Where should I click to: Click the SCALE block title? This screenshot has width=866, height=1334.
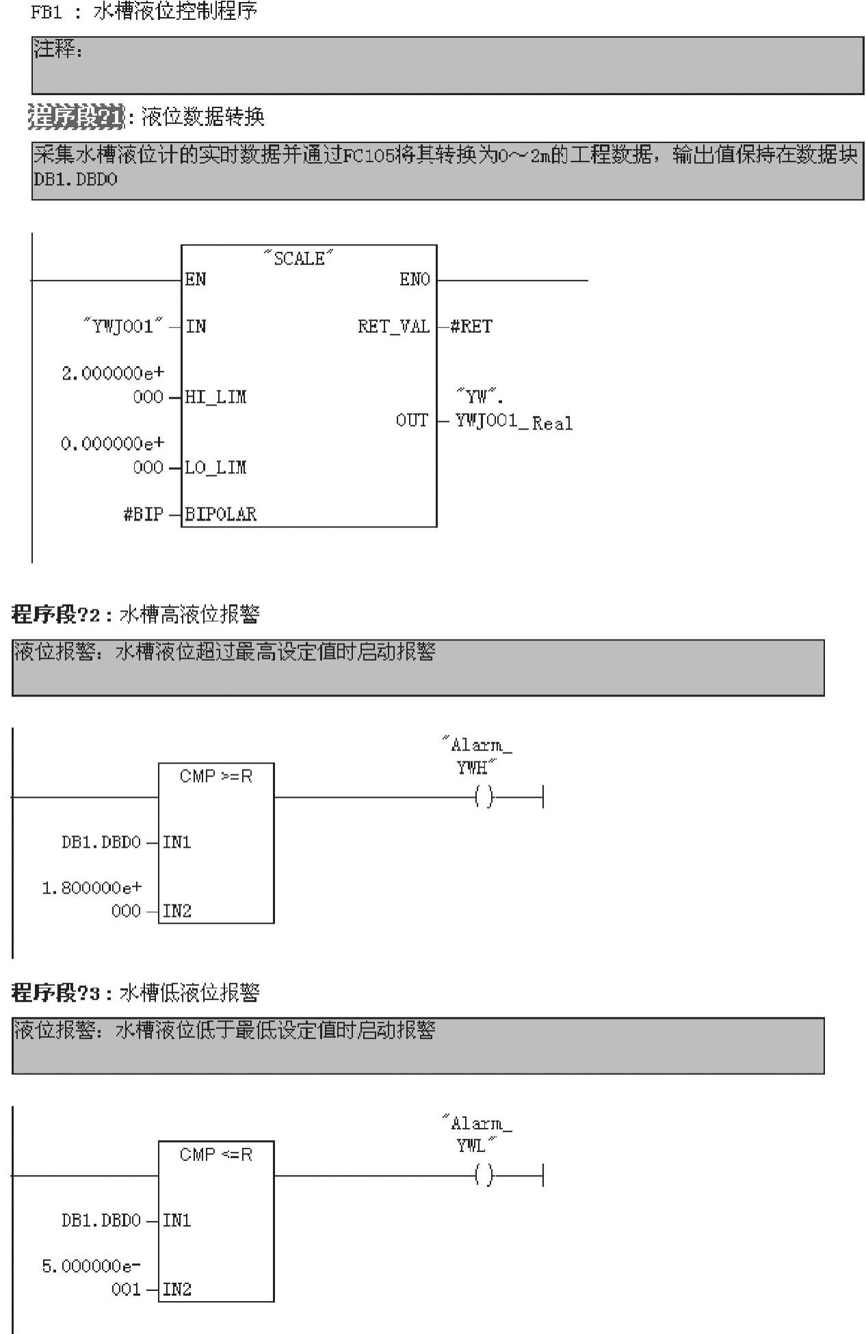point(299,259)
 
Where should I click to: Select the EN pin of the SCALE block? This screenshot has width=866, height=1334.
point(196,280)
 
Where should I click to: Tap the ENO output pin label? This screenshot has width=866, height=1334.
point(415,280)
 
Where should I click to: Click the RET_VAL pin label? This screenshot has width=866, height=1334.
point(393,326)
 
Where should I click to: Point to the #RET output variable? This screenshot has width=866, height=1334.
point(471,326)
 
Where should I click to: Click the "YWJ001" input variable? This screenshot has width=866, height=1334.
point(124,326)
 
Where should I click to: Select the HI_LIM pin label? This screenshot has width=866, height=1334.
point(216,397)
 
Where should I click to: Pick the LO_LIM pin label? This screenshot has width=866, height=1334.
point(216,467)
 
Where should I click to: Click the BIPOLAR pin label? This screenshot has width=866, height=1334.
point(221,514)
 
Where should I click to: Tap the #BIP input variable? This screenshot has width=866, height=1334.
point(143,514)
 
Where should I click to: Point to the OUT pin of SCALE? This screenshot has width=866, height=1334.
point(412,420)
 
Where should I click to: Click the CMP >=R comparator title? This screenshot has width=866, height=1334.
point(216,776)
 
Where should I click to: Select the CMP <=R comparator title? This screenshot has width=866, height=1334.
point(216,1155)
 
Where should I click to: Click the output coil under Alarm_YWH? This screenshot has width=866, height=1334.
point(484,797)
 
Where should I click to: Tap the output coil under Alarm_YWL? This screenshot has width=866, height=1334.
point(484,1175)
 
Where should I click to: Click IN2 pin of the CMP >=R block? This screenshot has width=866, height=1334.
point(177,911)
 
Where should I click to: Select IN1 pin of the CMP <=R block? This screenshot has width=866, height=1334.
point(177,1220)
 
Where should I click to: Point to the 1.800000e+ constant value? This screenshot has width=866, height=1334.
point(92,888)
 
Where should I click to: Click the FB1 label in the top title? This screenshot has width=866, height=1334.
point(47,13)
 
